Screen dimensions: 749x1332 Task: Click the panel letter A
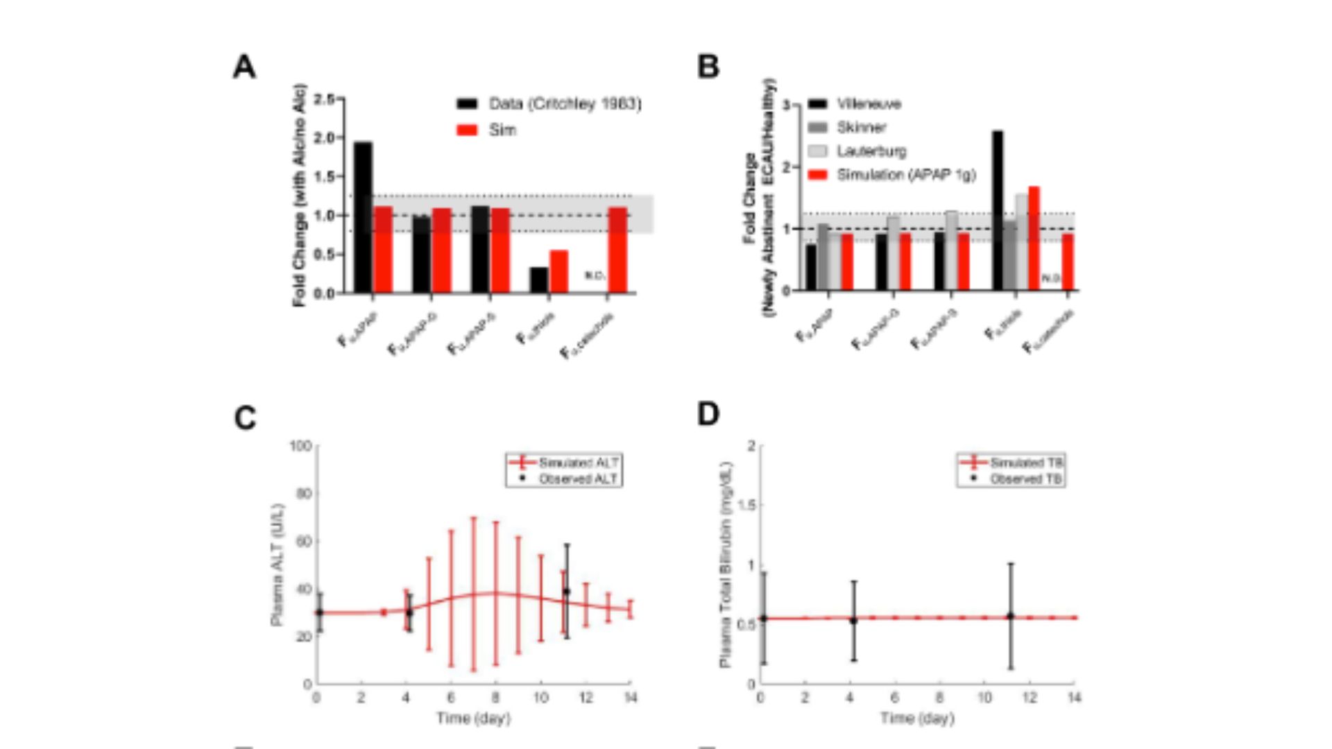click(244, 67)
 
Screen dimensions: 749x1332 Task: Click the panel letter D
click(708, 414)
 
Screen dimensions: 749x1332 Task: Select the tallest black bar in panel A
click(363, 217)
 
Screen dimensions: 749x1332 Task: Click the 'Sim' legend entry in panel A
click(502, 130)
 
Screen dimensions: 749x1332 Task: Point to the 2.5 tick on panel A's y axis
click(324, 100)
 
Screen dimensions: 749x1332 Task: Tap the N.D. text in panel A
click(595, 275)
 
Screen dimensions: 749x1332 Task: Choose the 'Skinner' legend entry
click(861, 128)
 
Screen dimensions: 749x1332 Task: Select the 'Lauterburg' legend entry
click(871, 151)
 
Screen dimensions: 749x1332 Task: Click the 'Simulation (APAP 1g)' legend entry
click(905, 175)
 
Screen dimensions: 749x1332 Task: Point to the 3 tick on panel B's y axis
click(786, 105)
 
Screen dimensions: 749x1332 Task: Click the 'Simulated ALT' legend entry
click(578, 463)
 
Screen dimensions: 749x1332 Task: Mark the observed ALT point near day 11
click(566, 592)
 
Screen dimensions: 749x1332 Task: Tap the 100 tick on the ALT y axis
click(300, 446)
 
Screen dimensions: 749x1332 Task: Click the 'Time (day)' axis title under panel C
click(474, 718)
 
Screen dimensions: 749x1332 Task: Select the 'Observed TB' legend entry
click(1025, 479)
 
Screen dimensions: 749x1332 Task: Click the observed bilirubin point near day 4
click(853, 620)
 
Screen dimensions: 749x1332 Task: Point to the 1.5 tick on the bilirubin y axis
click(746, 506)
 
